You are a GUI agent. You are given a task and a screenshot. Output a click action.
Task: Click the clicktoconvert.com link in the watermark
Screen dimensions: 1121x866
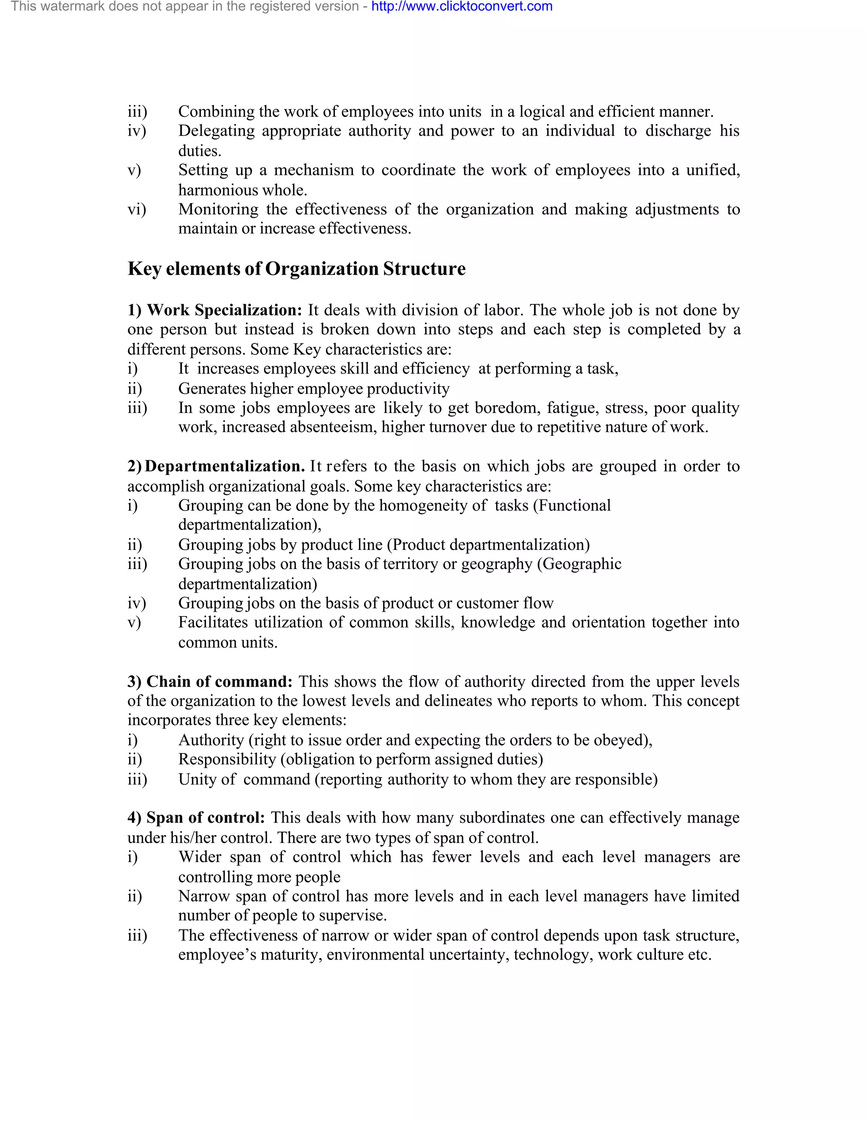tap(462, 7)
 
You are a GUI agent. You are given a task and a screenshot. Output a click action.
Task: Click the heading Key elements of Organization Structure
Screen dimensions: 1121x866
tap(296, 269)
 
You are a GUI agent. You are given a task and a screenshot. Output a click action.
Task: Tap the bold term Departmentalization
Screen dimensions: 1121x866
tap(225, 466)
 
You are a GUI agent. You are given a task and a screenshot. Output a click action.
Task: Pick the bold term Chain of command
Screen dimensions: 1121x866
tap(219, 681)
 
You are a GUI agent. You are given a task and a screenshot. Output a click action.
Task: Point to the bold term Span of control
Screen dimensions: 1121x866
tap(205, 817)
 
